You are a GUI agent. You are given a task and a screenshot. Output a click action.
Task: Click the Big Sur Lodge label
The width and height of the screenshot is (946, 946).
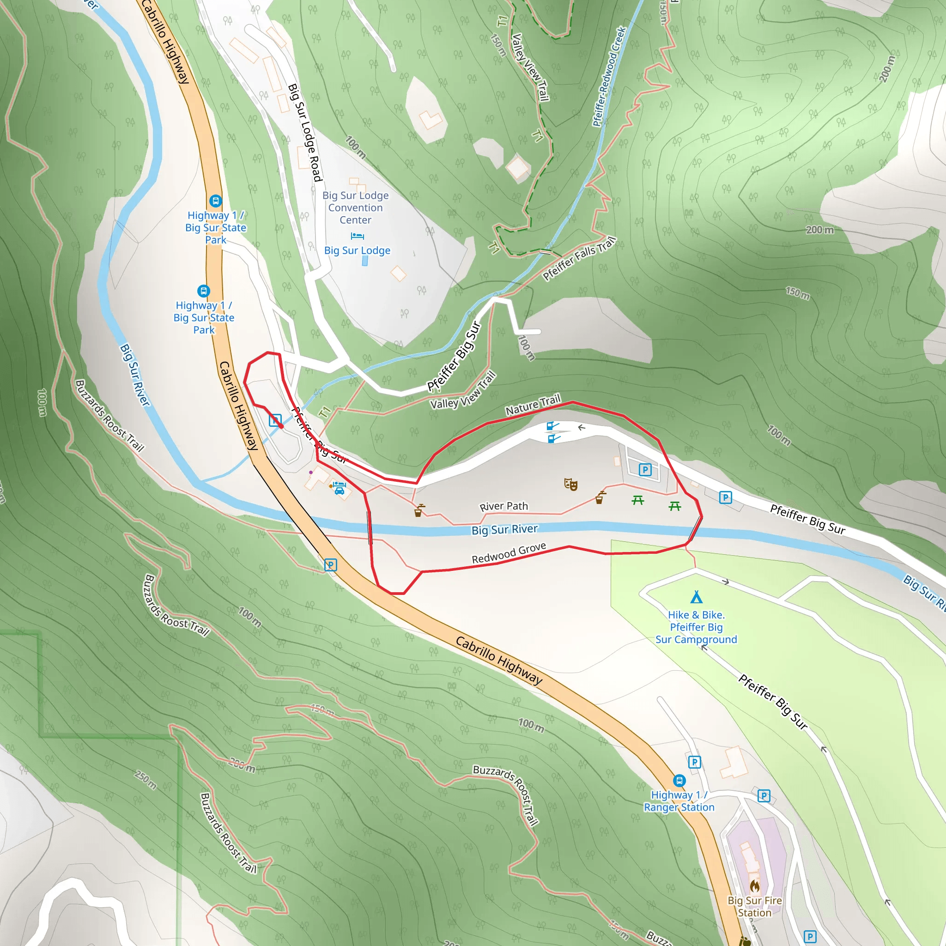click(357, 250)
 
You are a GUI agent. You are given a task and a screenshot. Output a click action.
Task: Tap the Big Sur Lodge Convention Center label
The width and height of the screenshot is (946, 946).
click(356, 207)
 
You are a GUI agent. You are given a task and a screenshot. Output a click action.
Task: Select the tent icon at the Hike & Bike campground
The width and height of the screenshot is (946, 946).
click(696, 597)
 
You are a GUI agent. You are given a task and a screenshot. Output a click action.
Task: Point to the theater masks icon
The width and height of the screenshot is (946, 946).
click(570, 484)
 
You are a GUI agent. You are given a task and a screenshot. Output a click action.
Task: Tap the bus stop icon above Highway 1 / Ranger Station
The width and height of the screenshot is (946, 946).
click(679, 781)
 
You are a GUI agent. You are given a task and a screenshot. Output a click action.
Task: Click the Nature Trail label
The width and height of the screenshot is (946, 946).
click(533, 406)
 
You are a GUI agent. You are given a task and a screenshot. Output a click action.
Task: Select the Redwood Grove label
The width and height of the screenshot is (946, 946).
click(508, 553)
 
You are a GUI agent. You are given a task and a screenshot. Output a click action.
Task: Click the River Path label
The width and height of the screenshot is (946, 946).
click(503, 506)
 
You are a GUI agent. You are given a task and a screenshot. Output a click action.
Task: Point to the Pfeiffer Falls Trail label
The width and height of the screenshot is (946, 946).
click(579, 258)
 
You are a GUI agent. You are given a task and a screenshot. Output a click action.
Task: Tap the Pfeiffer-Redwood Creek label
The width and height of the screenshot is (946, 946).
click(609, 76)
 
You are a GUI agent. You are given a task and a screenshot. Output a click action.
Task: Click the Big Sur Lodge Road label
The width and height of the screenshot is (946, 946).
click(304, 132)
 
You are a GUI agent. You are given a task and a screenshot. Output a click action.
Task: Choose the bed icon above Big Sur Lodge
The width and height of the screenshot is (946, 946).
click(357, 236)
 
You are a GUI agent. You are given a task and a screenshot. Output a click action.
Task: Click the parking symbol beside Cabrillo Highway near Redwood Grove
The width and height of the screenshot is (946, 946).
click(331, 565)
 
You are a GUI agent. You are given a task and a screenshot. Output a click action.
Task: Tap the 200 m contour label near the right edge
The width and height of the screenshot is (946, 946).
click(820, 230)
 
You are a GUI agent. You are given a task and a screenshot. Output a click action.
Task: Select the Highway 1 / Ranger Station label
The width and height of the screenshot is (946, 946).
click(679, 801)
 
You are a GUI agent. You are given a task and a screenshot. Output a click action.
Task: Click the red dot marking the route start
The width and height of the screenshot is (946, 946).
click(281, 426)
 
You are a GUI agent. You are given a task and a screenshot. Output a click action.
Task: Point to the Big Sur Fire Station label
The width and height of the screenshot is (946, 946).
click(755, 906)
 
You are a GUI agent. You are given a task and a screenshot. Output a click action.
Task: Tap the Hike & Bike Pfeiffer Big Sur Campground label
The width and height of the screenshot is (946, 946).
click(696, 627)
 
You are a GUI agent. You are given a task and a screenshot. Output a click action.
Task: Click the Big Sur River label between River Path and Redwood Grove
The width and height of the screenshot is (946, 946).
click(504, 529)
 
